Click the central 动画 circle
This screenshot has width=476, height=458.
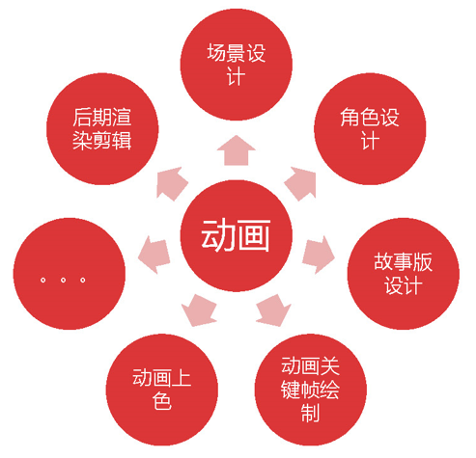pos(237,236)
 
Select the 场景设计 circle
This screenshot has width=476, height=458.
pos(237,65)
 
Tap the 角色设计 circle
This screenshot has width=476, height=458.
pos(370,129)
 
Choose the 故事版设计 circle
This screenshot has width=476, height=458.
pos(404,274)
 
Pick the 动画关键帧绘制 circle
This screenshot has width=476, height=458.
pos(311,390)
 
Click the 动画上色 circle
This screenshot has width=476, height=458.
pos(162,390)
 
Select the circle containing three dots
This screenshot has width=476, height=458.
pos(70,274)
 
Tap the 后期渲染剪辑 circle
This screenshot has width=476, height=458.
pos(102,129)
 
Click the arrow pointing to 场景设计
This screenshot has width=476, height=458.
pos(237,150)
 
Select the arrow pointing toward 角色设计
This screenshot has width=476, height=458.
pos(301,183)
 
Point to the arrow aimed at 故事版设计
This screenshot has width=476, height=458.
pos(319,256)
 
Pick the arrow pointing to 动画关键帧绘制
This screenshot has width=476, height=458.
pos(274,310)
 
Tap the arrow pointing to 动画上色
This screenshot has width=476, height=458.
pos(199,310)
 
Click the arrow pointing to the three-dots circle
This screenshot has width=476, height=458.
pos(154,256)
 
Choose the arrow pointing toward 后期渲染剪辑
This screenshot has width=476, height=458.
pos(172,183)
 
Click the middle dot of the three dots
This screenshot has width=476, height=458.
pos(63,280)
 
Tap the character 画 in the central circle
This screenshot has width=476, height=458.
pos(254,235)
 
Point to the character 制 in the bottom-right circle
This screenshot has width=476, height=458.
pos(310,413)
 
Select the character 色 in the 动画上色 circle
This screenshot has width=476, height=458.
pos(162,401)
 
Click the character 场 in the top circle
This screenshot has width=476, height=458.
pos(217,53)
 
